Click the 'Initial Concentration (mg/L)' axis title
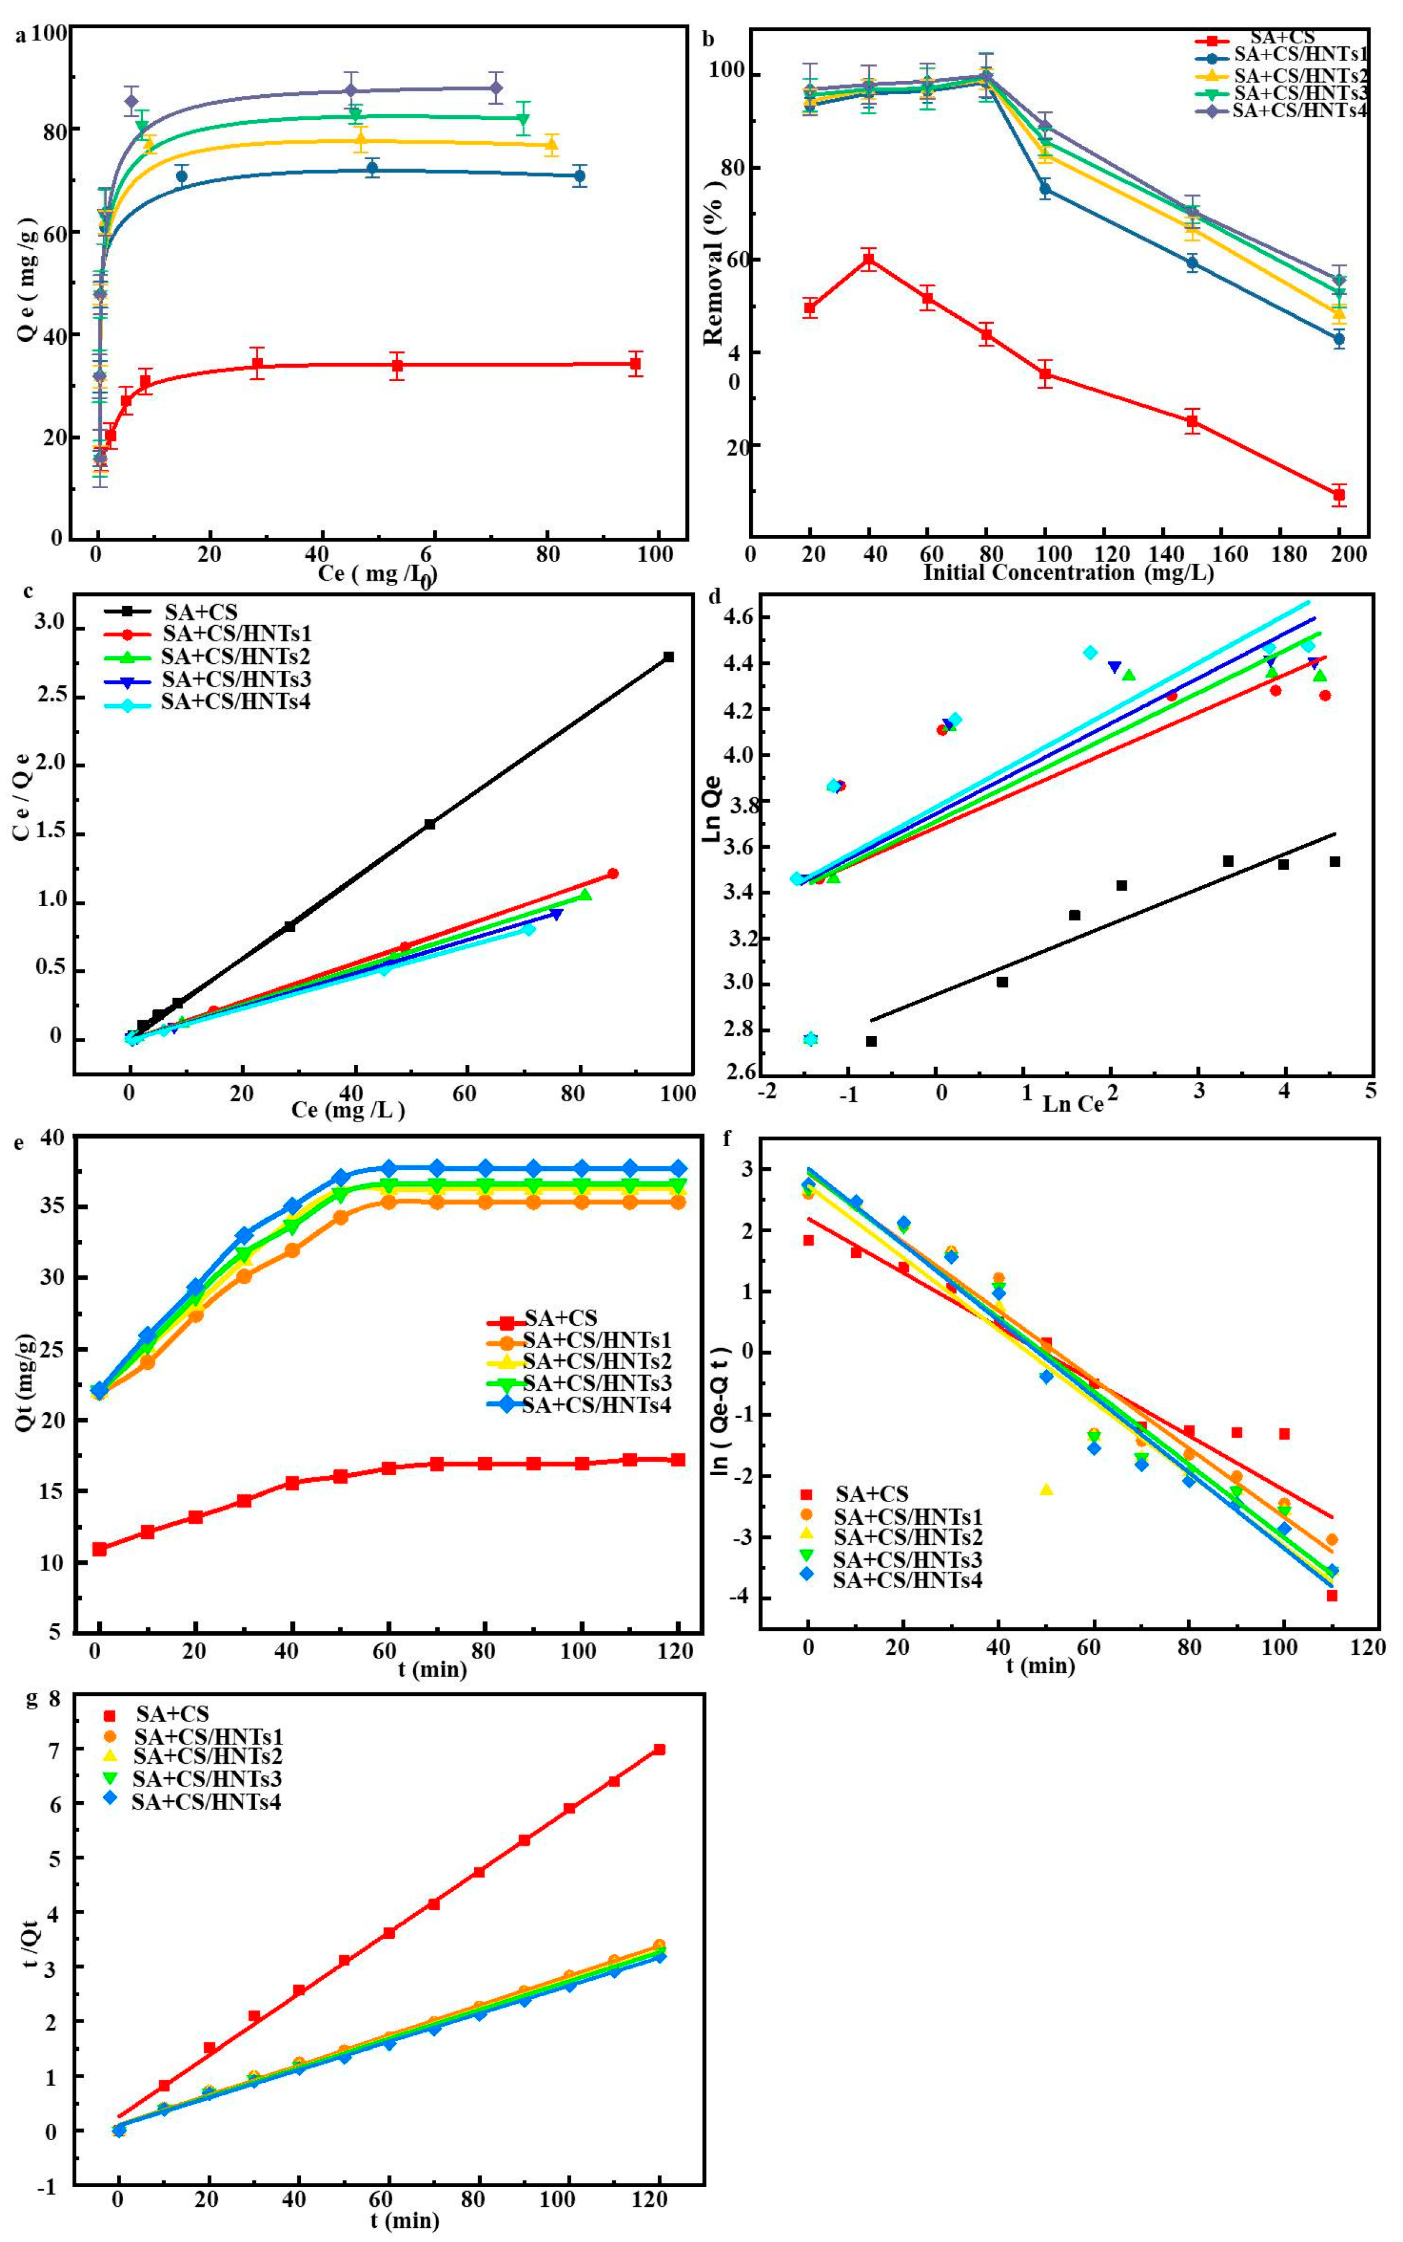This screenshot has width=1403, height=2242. click(1067, 572)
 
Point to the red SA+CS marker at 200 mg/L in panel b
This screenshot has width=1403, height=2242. click(1338, 495)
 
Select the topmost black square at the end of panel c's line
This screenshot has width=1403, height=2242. click(668, 657)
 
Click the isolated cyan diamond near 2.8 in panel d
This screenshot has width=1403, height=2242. click(810, 1038)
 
